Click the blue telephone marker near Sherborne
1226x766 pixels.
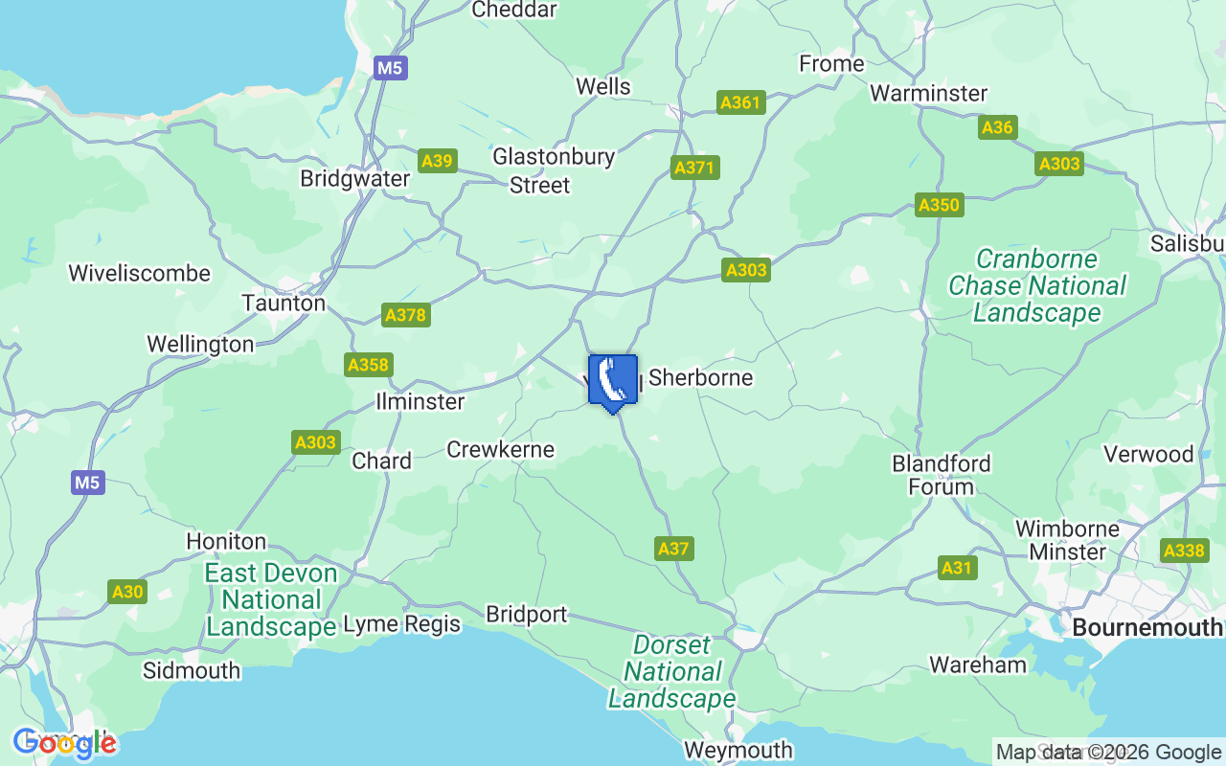click(x=613, y=381)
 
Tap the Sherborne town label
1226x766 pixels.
click(x=700, y=378)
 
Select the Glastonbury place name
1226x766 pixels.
click(x=554, y=157)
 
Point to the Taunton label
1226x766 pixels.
click(x=284, y=304)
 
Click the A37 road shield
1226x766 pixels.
click(x=674, y=549)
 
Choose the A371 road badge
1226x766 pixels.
click(x=694, y=168)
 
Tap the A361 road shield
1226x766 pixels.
click(x=740, y=102)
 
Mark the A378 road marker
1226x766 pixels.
click(x=405, y=315)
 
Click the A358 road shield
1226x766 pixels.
click(x=369, y=365)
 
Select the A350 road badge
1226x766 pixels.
click(x=939, y=205)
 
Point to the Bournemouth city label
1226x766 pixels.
click(x=1147, y=628)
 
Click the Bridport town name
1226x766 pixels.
click(x=527, y=614)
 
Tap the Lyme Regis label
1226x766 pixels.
click(x=402, y=624)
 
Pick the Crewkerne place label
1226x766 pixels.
click(x=501, y=449)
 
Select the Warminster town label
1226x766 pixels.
click(x=928, y=94)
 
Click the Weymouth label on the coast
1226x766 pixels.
click(x=738, y=750)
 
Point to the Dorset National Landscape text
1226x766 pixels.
click(x=672, y=672)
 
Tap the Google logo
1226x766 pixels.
click(x=64, y=743)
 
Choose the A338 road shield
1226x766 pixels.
click(x=1184, y=551)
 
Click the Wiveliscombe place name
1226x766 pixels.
click(x=139, y=274)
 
